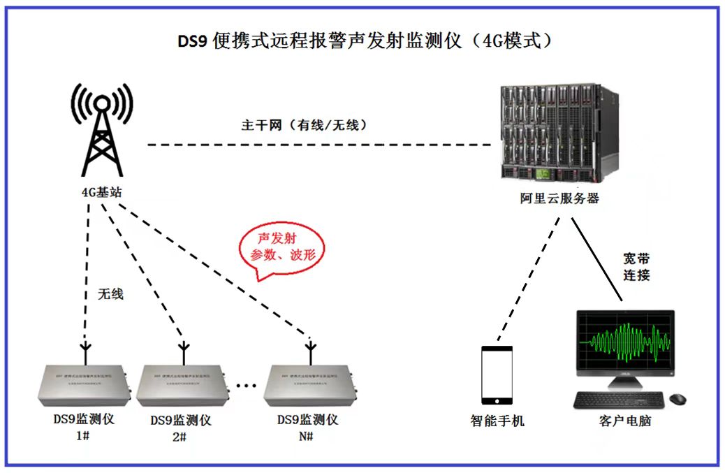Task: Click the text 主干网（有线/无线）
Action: click(x=305, y=126)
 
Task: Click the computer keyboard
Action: click(x=619, y=400)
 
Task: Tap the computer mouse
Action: click(x=678, y=399)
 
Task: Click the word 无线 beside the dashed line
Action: click(x=110, y=294)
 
